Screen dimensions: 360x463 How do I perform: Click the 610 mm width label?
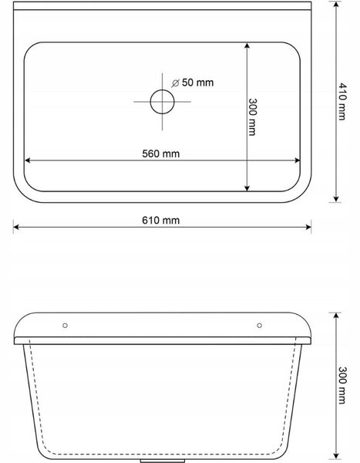(161, 220)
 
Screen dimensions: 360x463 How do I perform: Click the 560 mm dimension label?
(161, 154)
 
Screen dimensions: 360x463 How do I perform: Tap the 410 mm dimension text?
(341, 102)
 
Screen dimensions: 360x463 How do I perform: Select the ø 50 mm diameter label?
(193, 83)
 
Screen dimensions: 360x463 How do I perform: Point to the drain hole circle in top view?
(163, 90)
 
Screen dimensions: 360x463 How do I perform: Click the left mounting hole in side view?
(66, 326)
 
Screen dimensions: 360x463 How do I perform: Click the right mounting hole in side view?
(259, 326)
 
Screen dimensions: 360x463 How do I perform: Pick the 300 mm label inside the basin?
(252, 117)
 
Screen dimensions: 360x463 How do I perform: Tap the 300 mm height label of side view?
(341, 385)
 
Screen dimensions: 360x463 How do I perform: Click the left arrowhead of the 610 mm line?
(16, 227)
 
